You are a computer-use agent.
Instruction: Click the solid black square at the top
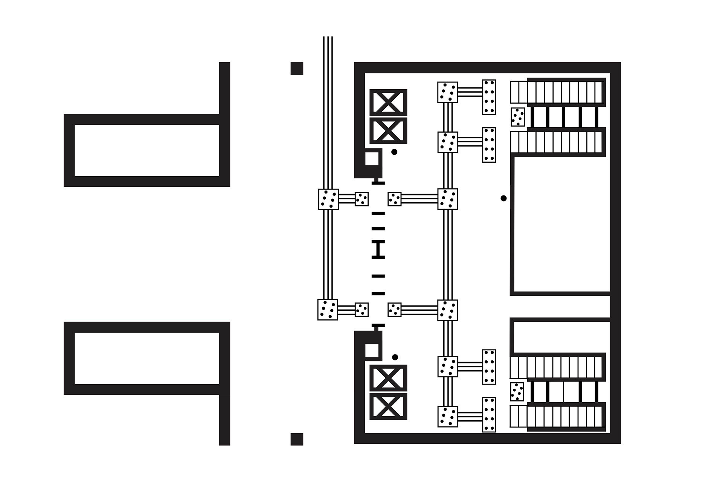(x=297, y=69)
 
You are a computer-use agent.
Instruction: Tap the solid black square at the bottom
(x=297, y=439)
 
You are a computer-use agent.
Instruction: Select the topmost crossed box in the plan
(x=388, y=102)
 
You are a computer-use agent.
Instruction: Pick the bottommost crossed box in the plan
(x=388, y=406)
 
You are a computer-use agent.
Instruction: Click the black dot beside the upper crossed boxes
(x=394, y=152)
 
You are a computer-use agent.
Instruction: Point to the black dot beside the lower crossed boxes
(x=395, y=357)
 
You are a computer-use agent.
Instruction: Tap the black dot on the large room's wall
(x=503, y=198)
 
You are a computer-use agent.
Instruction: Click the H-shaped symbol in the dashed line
(x=378, y=250)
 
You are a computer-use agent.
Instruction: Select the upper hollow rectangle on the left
(x=146, y=150)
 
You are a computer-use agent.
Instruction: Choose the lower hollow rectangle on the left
(x=146, y=358)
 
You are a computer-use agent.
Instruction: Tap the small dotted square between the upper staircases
(x=517, y=117)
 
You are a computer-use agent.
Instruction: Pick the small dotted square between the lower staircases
(x=517, y=392)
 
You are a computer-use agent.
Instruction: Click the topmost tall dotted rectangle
(x=489, y=97)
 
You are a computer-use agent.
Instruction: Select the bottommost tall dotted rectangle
(x=489, y=414)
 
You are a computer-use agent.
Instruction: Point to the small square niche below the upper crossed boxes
(x=372, y=159)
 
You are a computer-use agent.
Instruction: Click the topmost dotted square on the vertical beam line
(x=447, y=92)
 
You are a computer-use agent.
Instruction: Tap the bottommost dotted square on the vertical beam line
(x=447, y=416)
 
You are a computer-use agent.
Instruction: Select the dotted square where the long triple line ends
(x=328, y=199)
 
